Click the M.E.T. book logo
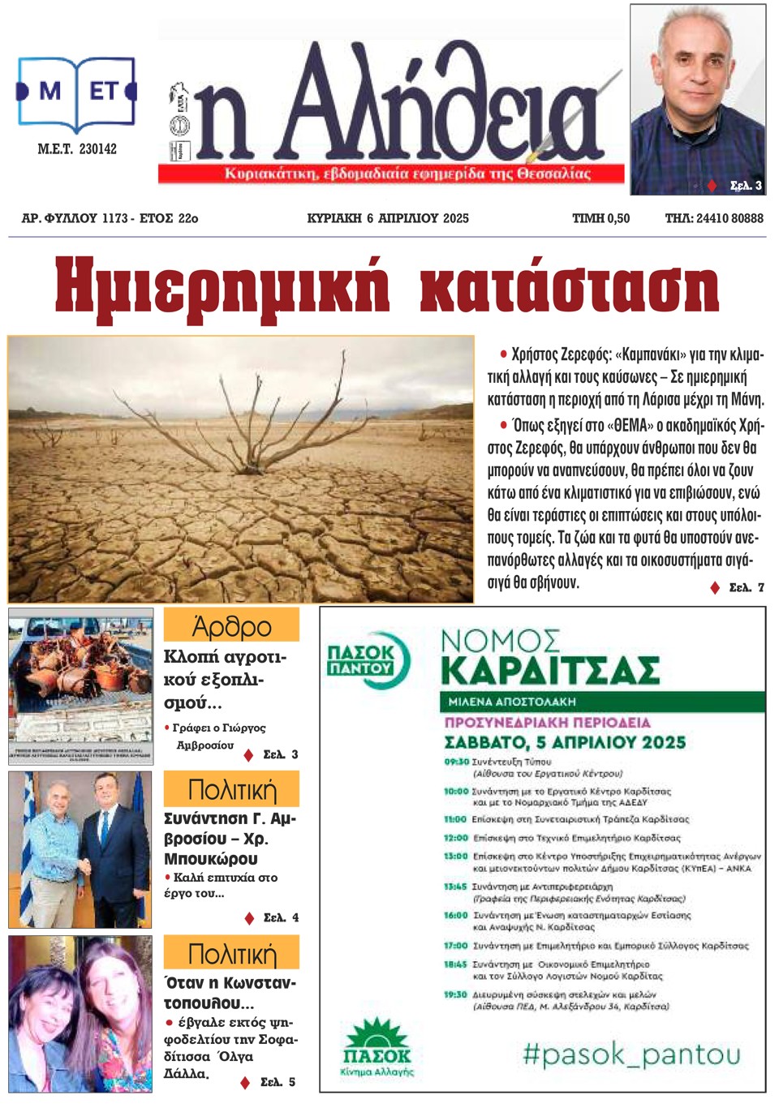click(76, 93)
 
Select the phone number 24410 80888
click(730, 218)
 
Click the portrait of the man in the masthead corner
click(698, 99)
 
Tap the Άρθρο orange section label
click(231, 626)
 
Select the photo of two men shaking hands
click(80, 848)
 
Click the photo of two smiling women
click(80, 1014)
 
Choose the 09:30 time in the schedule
click(456, 762)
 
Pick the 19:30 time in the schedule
click(455, 994)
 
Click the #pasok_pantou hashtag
click(631, 1054)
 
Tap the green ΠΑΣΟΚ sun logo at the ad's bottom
click(377, 1047)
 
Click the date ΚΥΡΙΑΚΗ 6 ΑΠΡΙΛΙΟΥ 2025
click(388, 218)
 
